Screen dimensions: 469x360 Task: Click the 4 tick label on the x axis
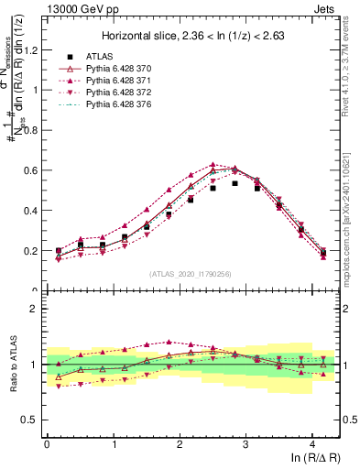click(x=312, y=443)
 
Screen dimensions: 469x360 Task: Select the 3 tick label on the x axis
click(x=245, y=443)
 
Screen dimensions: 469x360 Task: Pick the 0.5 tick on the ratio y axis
click(x=32, y=421)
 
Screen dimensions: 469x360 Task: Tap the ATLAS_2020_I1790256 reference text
click(x=191, y=274)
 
